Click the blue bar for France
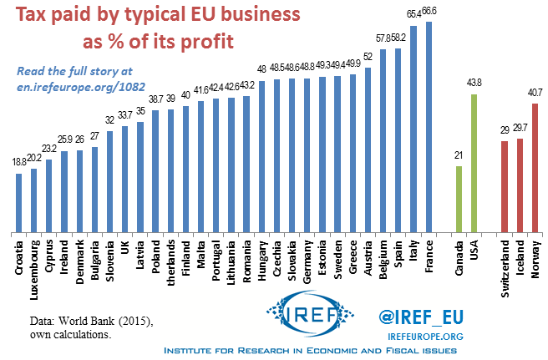click(429, 125)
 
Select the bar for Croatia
click(19, 201)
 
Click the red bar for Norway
click(535, 167)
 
